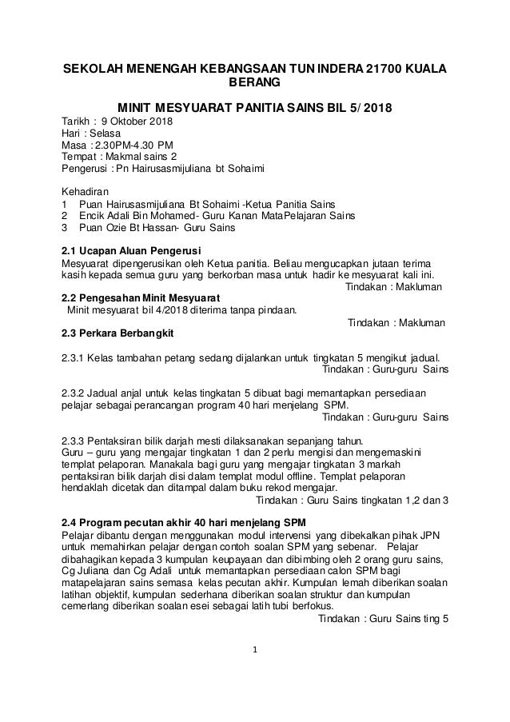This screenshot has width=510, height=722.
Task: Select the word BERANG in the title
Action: point(255,83)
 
